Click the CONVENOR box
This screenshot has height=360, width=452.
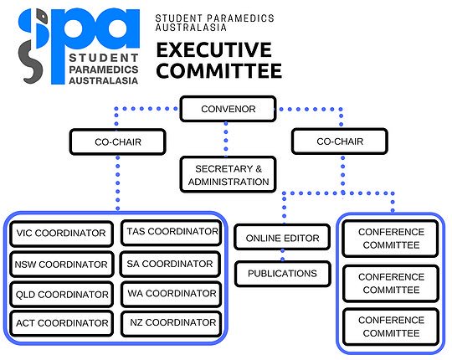(228, 109)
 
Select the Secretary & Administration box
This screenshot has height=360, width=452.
(228, 174)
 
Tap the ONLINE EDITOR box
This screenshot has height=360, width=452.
(282, 239)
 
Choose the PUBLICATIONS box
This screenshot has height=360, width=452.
(282, 273)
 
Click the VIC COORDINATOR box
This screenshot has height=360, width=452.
(61, 233)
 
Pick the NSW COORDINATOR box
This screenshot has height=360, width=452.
(61, 265)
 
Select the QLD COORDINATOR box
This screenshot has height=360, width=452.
(61, 295)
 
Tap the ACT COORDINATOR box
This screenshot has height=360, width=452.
(61, 323)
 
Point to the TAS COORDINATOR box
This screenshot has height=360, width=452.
(172, 231)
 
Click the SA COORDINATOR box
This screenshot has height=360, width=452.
(170, 264)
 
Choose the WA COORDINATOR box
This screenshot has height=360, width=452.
(170, 293)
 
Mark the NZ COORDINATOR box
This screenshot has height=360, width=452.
(172, 322)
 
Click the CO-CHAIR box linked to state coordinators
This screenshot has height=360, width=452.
(116, 142)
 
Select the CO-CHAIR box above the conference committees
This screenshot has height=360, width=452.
(339, 142)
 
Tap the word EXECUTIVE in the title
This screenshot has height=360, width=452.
(213, 47)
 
